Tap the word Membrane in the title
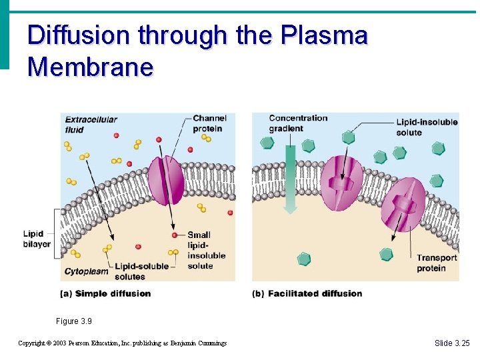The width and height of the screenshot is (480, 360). point(91,67)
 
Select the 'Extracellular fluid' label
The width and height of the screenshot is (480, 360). point(91,125)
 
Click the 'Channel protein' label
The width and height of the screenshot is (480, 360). point(209,123)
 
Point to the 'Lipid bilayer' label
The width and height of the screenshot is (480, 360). point(37,239)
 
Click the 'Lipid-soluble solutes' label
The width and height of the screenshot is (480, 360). point(141,271)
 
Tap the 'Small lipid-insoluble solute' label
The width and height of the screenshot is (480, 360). point(206,250)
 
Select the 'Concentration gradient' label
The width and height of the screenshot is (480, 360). point(298,123)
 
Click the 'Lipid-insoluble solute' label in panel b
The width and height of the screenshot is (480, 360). point(427,127)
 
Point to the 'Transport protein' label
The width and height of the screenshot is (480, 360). point(437,263)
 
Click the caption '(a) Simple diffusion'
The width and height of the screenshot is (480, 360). point(106,293)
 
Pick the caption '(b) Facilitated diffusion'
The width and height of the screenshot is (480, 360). point(307,293)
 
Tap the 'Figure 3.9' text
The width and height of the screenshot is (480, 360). point(74,321)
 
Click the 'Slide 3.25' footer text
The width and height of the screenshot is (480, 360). point(452,343)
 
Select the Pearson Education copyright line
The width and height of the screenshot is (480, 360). point(122,343)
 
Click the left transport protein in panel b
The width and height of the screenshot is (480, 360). point(341,183)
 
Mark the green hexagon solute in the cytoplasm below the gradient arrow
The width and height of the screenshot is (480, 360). point(304,259)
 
